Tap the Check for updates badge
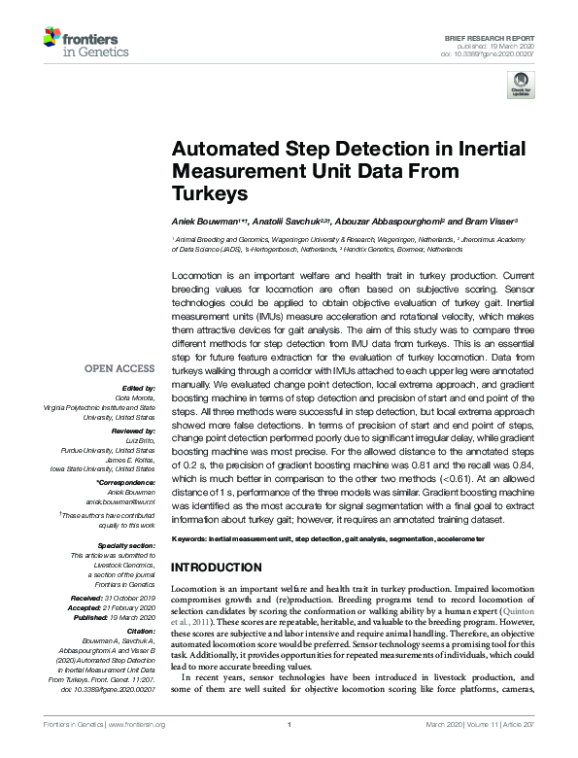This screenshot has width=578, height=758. coord(523,84)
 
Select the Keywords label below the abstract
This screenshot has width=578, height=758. coord(188,538)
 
